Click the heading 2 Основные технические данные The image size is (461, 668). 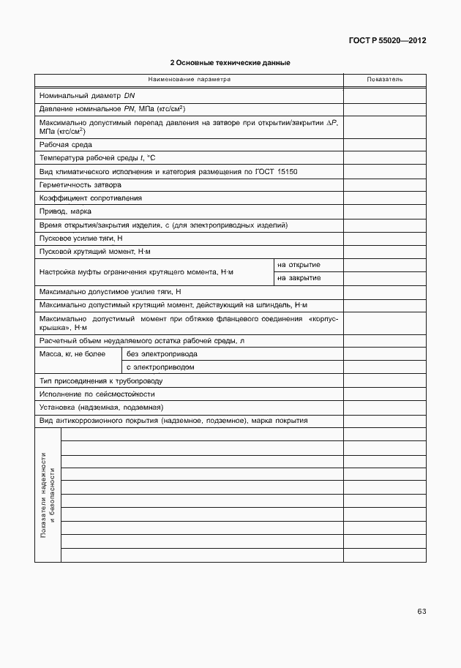(230, 63)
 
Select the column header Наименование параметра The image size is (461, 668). (189, 79)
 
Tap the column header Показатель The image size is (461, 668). (384, 79)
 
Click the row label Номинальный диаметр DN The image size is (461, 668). (87, 95)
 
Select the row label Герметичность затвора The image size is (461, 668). (80, 184)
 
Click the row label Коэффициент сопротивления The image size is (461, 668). (91, 198)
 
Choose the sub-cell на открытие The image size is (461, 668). (299, 264)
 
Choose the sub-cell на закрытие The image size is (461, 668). (299, 277)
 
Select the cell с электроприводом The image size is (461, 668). (160, 367)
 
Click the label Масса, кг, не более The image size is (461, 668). (72, 353)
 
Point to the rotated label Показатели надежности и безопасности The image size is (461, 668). (48, 495)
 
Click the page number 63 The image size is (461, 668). (421, 611)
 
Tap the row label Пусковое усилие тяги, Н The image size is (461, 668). (81, 238)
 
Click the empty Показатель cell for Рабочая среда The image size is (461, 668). (384, 145)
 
